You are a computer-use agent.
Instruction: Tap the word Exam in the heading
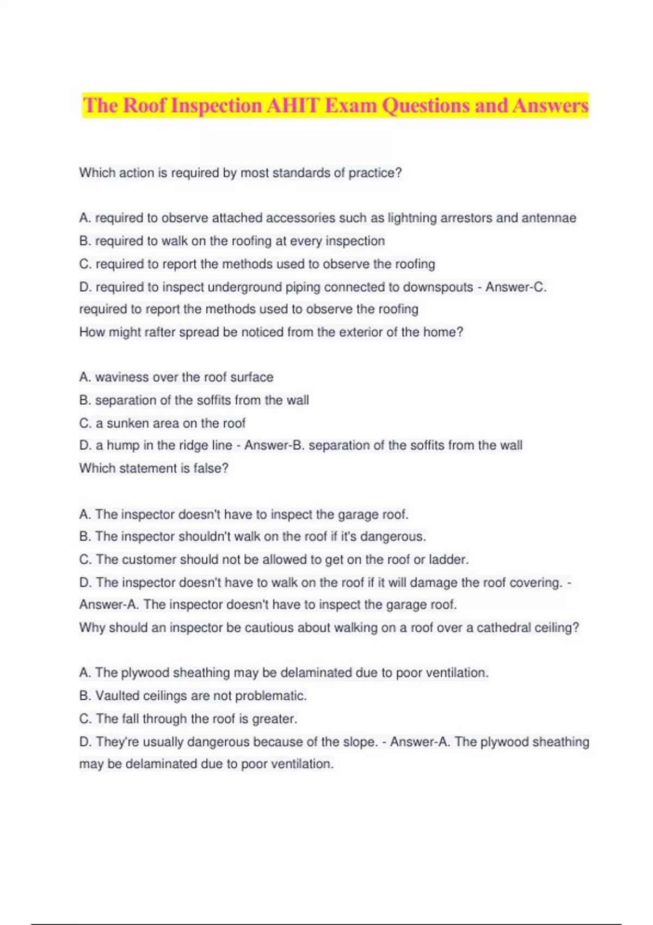[x=350, y=105]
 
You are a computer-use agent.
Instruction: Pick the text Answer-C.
[x=516, y=287]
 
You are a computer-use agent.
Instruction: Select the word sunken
[x=128, y=423]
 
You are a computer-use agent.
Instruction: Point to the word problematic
[x=274, y=695]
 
